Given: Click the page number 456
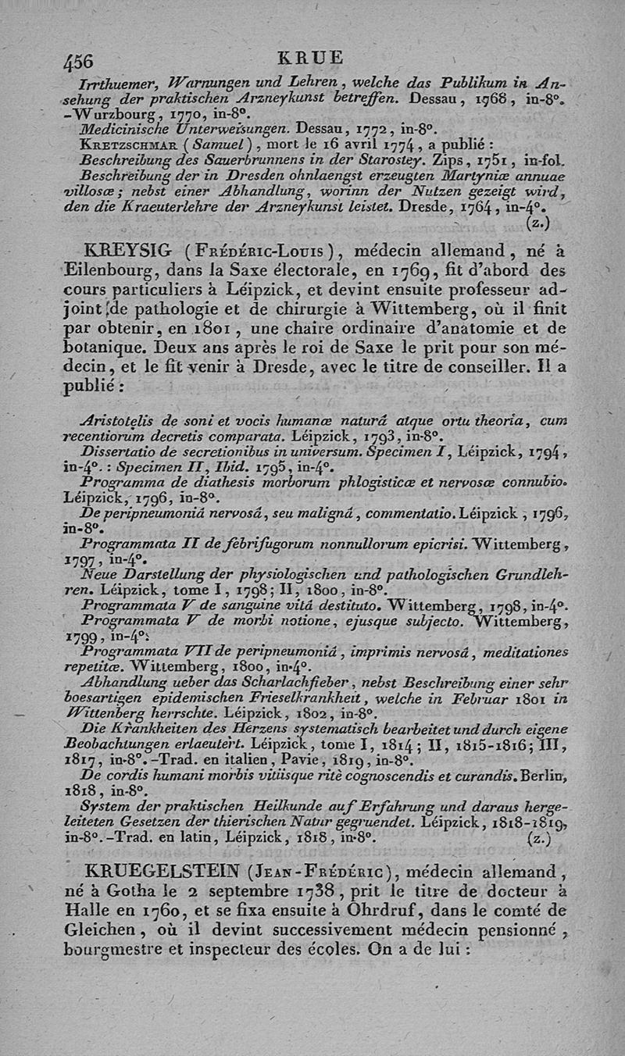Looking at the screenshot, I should tap(77, 61).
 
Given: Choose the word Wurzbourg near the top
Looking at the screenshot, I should tap(109, 113).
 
